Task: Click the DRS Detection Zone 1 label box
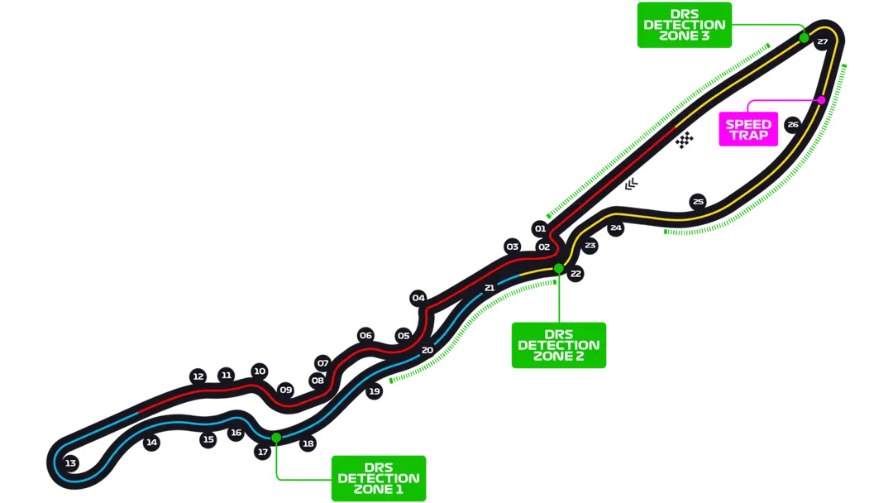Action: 379,478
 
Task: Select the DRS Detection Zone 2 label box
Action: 559,343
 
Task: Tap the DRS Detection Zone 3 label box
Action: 685,25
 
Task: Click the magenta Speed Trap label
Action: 748,130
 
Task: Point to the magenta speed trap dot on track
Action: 821,99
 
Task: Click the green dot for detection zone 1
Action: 276,437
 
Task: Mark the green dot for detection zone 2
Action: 559,268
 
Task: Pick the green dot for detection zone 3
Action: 803,38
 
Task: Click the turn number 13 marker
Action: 70,463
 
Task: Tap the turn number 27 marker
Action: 822,41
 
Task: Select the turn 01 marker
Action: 541,228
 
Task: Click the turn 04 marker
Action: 418,298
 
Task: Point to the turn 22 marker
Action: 575,272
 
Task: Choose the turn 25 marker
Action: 698,202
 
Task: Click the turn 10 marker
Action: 260,371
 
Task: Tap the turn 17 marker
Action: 263,452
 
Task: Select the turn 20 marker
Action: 427,350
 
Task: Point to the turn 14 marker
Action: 151,443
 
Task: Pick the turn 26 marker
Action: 793,125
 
